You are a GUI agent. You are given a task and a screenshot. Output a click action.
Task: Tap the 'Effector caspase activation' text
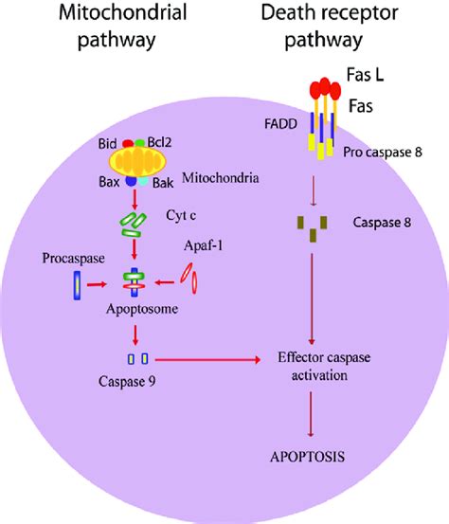pyautogui.click(x=313, y=368)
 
